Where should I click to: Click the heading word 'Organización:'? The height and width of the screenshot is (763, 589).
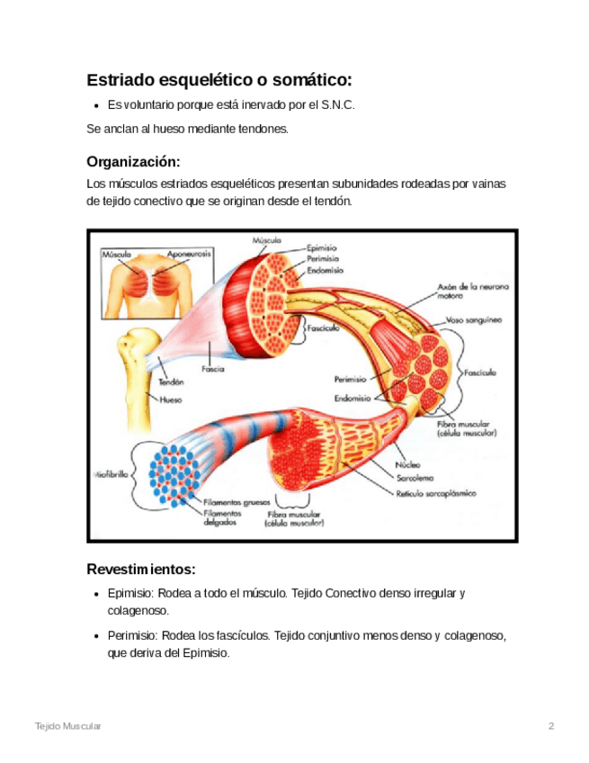pos(133,162)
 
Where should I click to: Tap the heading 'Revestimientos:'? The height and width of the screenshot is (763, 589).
pos(141,570)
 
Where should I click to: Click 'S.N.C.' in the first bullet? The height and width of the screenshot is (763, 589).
pos(337,105)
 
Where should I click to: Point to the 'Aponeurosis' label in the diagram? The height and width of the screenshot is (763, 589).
pos(189,255)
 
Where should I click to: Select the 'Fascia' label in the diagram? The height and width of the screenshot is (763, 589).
pos(213,369)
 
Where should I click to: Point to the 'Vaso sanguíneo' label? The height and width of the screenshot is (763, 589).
pos(474,319)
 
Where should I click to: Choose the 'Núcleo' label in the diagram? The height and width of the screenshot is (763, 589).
pos(408,465)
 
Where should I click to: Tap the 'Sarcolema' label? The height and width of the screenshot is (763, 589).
pos(416,479)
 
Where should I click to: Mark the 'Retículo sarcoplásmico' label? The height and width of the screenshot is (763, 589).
pos(437,493)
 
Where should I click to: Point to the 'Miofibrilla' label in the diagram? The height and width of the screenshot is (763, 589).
pos(110,472)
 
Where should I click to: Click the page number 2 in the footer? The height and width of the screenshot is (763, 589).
pos(550,725)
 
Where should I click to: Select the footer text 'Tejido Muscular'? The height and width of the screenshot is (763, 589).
pos(68,725)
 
